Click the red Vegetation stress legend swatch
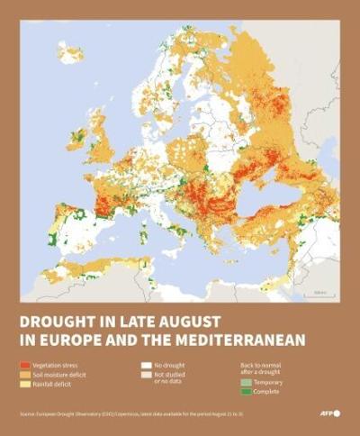(25, 367)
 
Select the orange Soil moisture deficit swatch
(25, 374)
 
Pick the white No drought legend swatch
(146, 367)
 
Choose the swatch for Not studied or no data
(146, 376)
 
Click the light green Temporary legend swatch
(245, 383)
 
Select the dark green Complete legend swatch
(245, 391)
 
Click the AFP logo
(330, 413)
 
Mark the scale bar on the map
(319, 294)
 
